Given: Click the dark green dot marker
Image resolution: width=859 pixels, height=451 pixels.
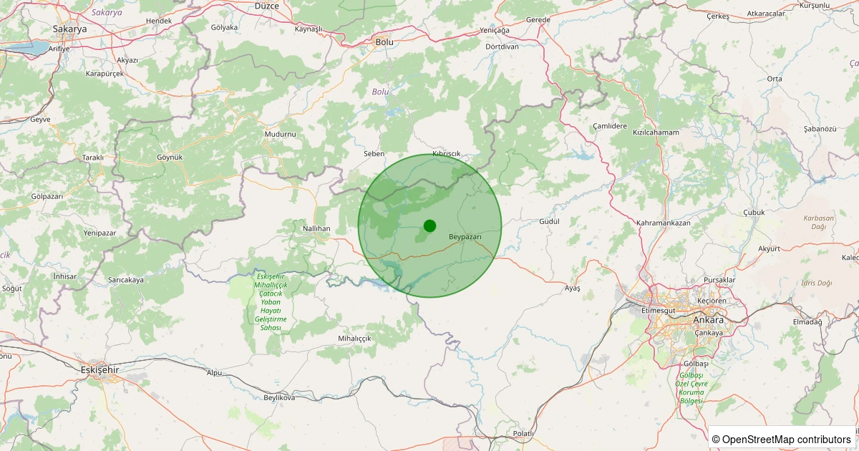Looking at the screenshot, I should coord(429,225).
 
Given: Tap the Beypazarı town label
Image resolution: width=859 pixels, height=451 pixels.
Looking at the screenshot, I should coord(465,236).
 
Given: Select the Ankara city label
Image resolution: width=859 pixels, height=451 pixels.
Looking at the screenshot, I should coord(708,319).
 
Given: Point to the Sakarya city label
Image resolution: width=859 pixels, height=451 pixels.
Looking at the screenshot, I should coord(69,29).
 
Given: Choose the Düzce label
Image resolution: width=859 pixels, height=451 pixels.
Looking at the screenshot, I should coord(267,6).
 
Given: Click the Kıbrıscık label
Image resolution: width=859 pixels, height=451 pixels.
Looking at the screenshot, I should coord(447,155).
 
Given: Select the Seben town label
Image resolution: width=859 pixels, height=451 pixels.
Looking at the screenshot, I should coord(374,154).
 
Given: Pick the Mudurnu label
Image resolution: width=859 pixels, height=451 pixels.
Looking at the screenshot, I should coord(279,134).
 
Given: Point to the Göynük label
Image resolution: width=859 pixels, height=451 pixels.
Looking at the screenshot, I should coord(170,157).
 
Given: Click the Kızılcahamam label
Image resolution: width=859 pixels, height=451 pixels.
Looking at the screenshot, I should coord(656,132).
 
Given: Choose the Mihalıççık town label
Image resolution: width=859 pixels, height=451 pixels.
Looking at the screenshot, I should coord(355,338).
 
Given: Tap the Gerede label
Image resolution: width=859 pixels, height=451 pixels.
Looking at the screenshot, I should coord(538,19).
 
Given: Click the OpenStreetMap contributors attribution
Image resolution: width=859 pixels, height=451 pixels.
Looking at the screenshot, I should coord(782,439).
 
